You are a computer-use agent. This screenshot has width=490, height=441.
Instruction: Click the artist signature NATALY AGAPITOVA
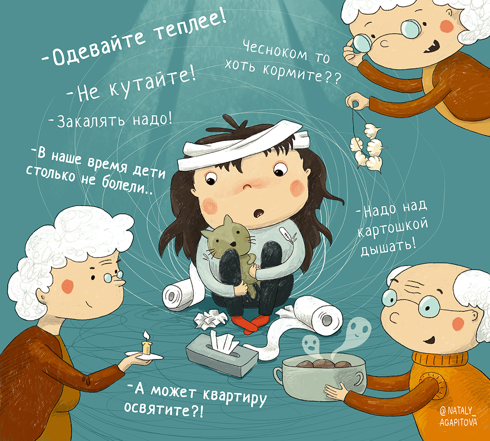[458, 416]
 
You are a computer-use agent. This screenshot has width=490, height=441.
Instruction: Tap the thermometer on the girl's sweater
[288, 234]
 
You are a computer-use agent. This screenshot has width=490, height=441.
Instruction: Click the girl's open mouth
[259, 213]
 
